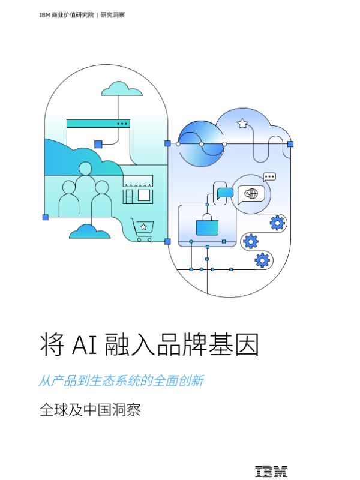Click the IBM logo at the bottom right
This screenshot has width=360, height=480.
(271, 472)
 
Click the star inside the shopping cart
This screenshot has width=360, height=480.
(143, 227)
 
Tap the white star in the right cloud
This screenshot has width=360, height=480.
(242, 124)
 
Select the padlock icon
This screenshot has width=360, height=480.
(207, 225)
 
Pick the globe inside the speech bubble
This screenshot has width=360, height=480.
(252, 194)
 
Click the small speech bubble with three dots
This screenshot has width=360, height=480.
(269, 177)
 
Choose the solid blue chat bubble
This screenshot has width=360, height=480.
(225, 193)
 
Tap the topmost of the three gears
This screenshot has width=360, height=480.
(277, 223)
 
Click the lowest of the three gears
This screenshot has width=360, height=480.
(262, 260)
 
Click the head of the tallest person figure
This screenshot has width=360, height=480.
(85, 169)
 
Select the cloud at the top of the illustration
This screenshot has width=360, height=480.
(122, 89)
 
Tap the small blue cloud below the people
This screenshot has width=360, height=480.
(89, 232)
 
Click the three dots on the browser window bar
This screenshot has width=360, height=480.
(122, 124)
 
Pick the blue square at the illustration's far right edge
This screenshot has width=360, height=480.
(290, 144)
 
